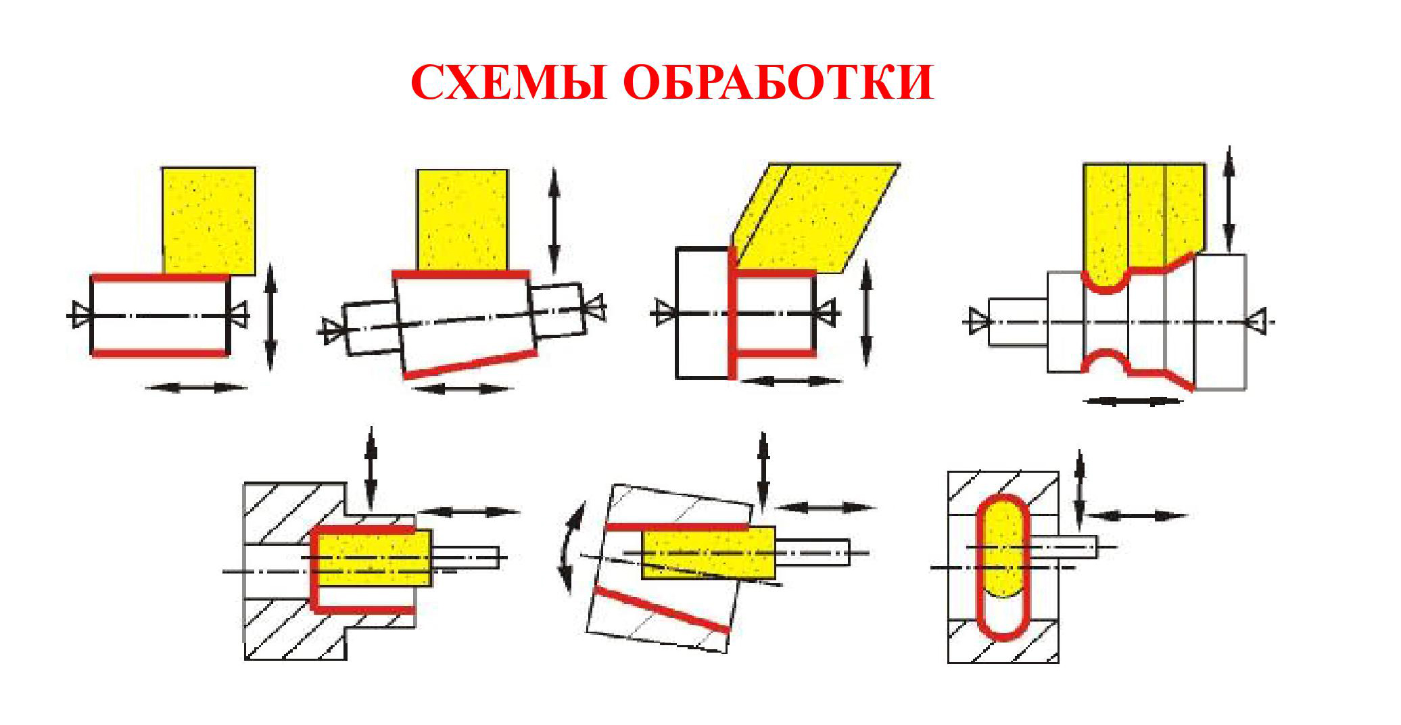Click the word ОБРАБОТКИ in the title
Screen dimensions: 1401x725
[778, 83]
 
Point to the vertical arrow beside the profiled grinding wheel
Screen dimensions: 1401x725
[1229, 200]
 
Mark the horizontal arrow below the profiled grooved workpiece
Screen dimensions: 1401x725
[1133, 401]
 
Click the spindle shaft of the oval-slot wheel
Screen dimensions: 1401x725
[1063, 546]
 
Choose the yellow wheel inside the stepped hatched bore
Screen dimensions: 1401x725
[375, 558]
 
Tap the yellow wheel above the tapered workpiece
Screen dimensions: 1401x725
[462, 220]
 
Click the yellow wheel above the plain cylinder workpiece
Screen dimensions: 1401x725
[209, 220]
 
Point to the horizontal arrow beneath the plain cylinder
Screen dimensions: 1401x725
[196, 388]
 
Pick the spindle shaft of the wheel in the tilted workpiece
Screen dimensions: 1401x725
[812, 553]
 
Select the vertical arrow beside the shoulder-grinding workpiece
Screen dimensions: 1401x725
[867, 313]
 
